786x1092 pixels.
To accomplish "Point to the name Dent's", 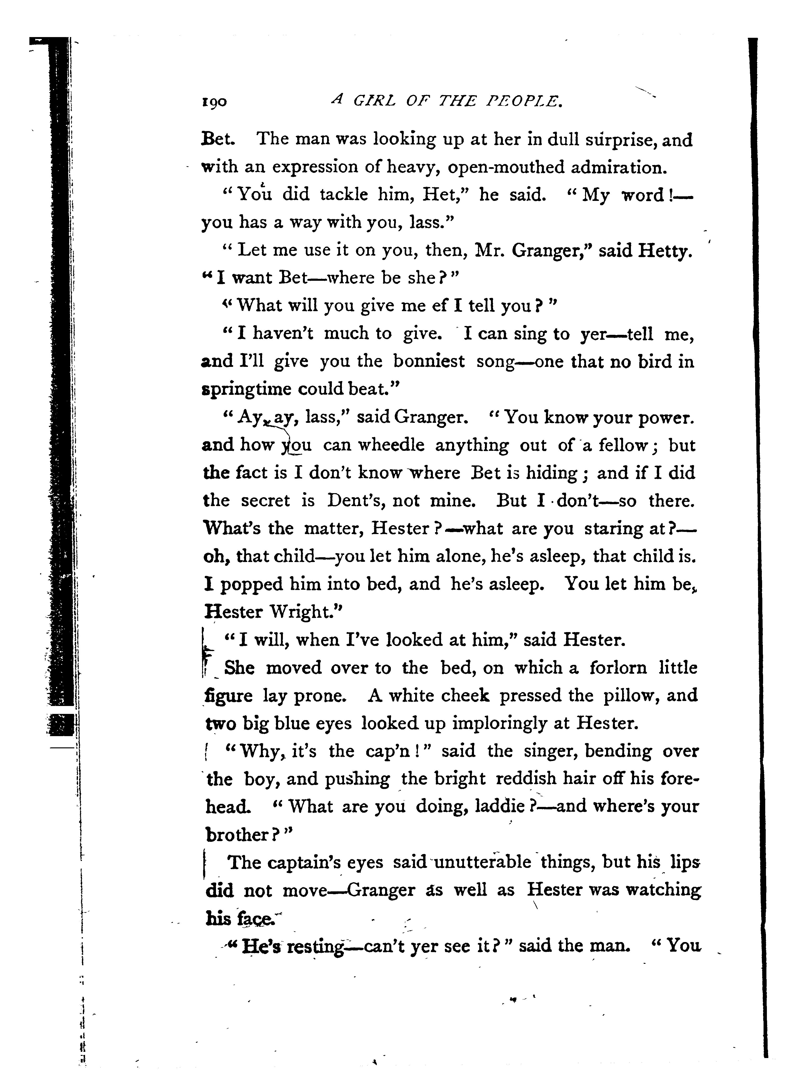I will (355, 501).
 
